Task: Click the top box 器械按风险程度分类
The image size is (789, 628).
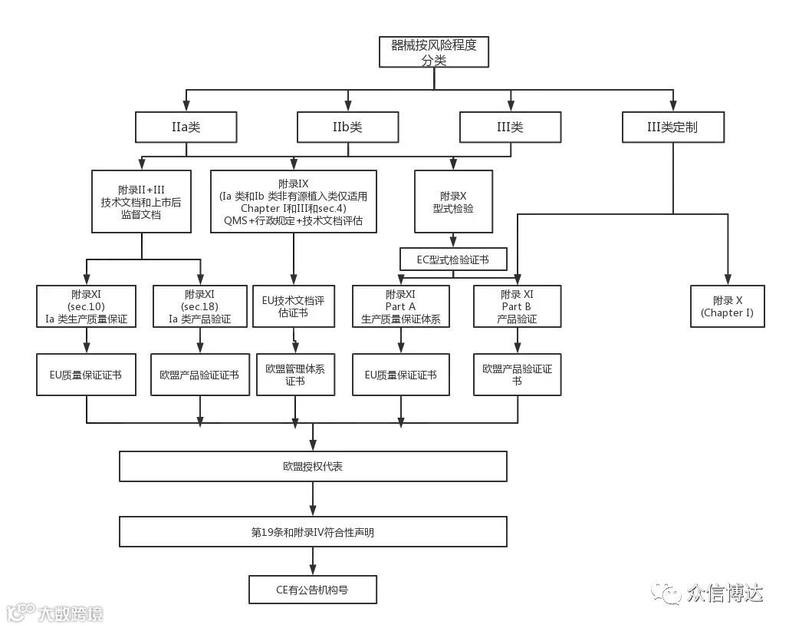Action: [x=434, y=52]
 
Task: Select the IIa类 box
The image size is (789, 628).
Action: [x=186, y=127]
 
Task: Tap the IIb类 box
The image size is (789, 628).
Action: [x=348, y=127]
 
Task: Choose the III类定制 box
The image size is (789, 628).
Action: [x=672, y=127]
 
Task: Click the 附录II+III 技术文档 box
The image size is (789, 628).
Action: [x=141, y=201]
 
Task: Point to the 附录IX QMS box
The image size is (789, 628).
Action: [x=294, y=201]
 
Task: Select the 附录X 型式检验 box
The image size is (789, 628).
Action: [x=452, y=201]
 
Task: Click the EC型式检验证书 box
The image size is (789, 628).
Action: [x=453, y=259]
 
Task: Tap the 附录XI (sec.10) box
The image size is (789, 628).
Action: [x=87, y=306]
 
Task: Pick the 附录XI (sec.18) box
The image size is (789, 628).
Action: [x=201, y=306]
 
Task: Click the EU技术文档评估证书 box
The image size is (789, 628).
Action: [x=294, y=306]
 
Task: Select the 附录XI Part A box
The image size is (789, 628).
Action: [x=401, y=306]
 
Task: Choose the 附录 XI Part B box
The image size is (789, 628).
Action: [x=518, y=306]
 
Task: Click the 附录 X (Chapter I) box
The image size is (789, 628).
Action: [x=728, y=306]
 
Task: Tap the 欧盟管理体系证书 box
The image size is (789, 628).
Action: [x=295, y=375]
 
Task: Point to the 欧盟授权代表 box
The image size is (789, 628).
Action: [x=313, y=466]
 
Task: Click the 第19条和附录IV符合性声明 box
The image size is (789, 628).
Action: [x=313, y=531]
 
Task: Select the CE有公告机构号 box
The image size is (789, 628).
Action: [x=313, y=590]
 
